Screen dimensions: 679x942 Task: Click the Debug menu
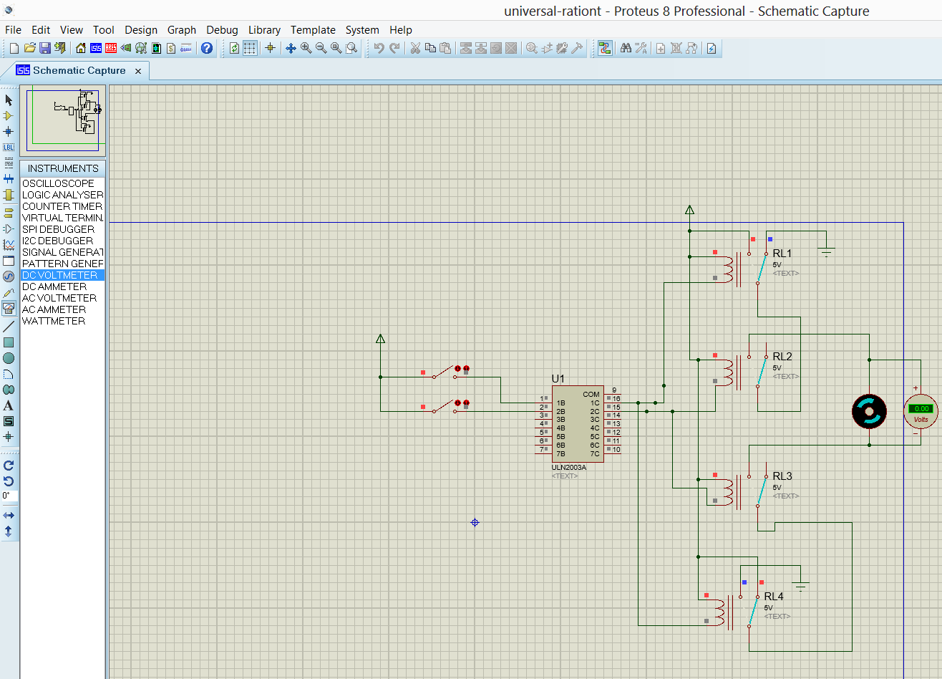click(222, 30)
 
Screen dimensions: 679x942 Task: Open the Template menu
click(313, 30)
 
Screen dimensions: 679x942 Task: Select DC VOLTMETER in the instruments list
click(59, 275)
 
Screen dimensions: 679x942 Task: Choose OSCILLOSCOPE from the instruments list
click(58, 183)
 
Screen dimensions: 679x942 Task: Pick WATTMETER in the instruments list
click(54, 321)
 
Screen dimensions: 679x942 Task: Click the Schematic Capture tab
click(79, 70)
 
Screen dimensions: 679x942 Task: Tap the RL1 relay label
click(782, 254)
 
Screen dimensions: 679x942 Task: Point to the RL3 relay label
click(782, 476)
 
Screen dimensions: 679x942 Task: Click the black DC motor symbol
click(869, 411)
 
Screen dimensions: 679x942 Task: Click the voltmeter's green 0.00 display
click(921, 408)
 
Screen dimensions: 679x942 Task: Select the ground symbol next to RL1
click(827, 251)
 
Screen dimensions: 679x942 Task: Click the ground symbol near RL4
click(801, 586)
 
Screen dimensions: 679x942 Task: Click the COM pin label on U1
click(591, 395)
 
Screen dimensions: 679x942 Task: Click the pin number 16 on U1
click(616, 398)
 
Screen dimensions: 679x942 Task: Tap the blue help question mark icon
click(207, 48)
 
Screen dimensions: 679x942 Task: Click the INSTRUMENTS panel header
click(63, 168)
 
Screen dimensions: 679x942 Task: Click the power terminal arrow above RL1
click(689, 211)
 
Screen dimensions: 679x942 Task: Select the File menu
click(13, 30)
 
